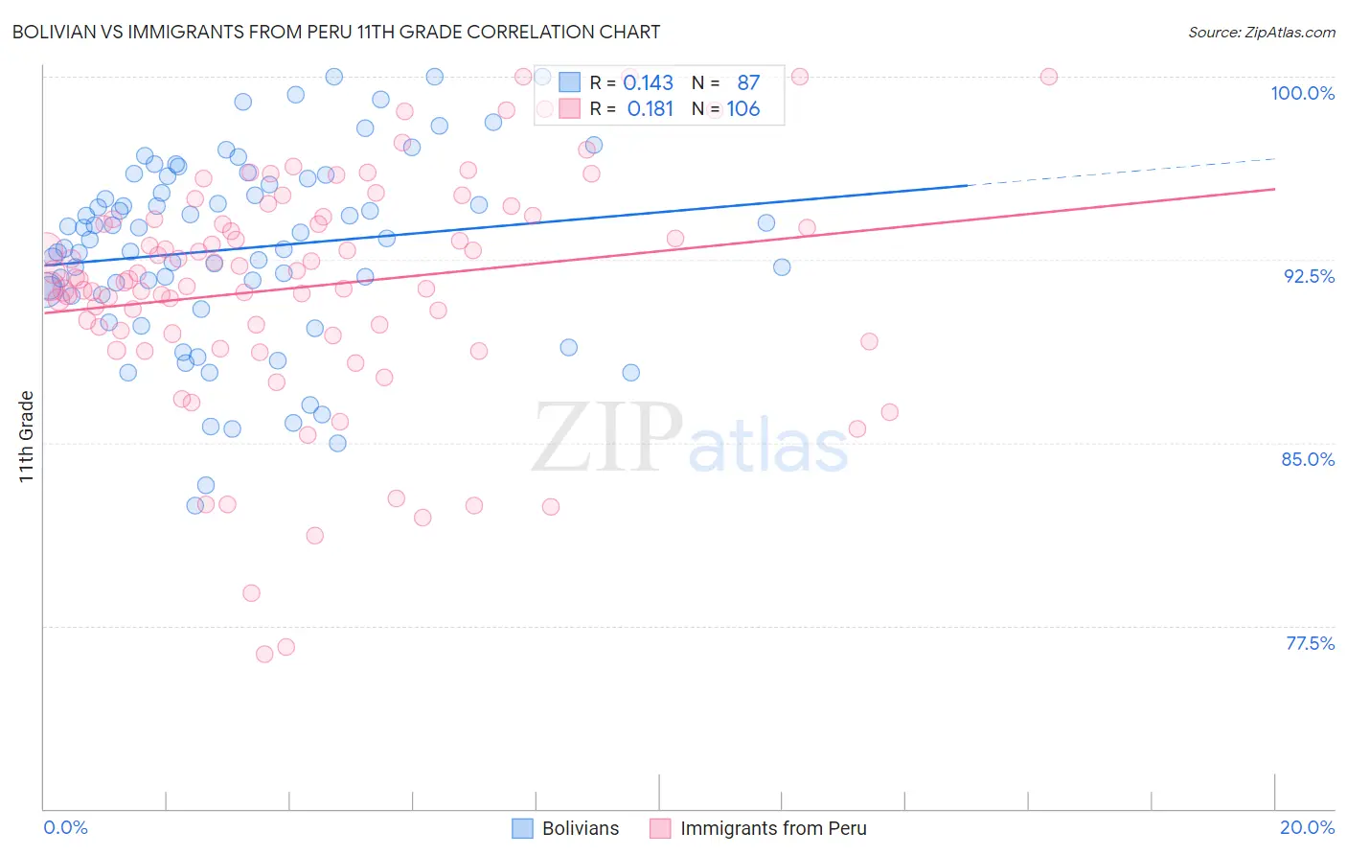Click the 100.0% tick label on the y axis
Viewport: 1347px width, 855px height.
pos(1302,93)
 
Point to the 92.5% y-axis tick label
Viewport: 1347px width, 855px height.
pos(1309,276)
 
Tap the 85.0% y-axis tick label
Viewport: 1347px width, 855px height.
pos(1308,459)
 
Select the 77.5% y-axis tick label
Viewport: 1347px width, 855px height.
pos(1310,643)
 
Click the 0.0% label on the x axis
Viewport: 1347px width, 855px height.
pos(66,827)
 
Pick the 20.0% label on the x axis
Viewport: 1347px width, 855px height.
pos(1307,827)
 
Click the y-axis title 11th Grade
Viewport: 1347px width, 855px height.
pos(27,436)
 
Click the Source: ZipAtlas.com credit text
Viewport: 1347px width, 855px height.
pos(1261,32)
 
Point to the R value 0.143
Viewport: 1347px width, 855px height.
pos(649,83)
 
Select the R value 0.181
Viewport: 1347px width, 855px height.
pos(651,109)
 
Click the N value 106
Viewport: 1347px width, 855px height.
pos(742,109)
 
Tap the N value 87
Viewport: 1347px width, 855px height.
pos(748,83)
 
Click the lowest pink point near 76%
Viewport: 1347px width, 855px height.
pos(264,654)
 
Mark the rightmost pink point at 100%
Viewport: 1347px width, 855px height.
pos(1049,77)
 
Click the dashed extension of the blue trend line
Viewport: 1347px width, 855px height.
pos(1121,172)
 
